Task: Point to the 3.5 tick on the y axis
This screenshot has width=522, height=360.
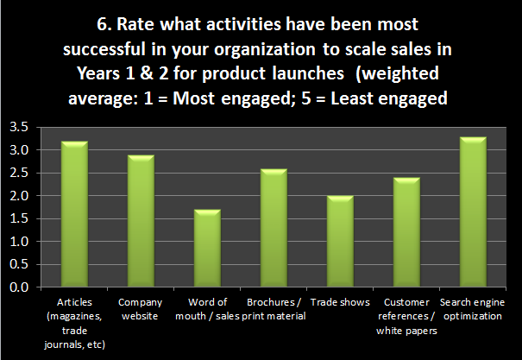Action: (19, 128)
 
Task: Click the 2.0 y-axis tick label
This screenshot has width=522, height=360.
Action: (19, 196)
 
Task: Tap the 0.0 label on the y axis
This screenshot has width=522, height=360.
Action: (19, 288)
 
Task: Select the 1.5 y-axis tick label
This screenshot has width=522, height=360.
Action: (19, 219)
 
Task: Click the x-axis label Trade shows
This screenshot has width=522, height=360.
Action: (341, 303)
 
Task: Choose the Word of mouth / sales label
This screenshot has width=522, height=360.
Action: (208, 309)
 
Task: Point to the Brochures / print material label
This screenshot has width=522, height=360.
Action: (274, 309)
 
